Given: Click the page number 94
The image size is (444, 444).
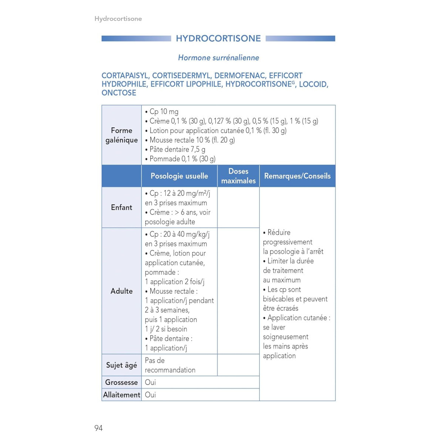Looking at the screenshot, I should click(x=98, y=428).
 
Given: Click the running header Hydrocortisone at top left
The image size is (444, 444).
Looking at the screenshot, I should click(x=118, y=19).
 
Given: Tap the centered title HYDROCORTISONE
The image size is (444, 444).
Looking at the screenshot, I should click(x=218, y=38).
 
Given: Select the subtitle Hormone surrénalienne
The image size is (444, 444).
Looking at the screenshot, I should click(x=218, y=58).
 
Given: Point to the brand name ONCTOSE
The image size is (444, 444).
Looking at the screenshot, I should click(x=119, y=93).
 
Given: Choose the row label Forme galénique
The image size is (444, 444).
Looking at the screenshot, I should click(x=121, y=135).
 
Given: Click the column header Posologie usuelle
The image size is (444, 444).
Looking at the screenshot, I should click(x=179, y=176).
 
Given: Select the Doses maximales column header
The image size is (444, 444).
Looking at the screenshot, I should click(x=238, y=176).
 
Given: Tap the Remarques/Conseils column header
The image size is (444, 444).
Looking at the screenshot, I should click(x=297, y=176).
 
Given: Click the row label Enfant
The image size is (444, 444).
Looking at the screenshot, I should click(x=121, y=208).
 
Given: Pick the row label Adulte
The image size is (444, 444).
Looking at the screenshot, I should click(x=121, y=291).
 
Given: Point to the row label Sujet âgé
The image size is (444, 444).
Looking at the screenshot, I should click(x=121, y=365).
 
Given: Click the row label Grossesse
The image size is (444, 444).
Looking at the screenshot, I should click(x=121, y=382).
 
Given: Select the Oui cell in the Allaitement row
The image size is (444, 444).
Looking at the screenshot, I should click(x=150, y=395).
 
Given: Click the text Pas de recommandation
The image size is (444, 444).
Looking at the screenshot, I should click(x=170, y=365).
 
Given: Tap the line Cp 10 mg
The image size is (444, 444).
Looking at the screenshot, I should click(x=164, y=112).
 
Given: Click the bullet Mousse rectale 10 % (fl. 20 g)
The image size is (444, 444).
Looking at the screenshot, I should click(x=192, y=140).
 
